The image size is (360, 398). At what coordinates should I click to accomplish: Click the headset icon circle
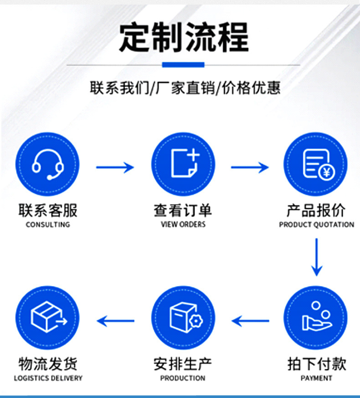47,164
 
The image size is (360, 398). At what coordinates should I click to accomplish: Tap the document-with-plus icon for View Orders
183,164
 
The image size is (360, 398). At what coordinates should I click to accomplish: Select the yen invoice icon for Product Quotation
316,164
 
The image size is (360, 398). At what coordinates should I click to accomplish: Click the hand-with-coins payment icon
316,317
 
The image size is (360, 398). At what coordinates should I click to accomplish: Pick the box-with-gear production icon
183,317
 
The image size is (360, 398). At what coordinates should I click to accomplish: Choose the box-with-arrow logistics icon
47,317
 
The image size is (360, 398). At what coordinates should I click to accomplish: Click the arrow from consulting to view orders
115,167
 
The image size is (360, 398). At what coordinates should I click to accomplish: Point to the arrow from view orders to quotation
250,167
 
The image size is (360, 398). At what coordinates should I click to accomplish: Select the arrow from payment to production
250,321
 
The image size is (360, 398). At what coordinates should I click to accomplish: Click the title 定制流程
184,38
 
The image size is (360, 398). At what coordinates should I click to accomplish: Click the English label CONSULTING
48,225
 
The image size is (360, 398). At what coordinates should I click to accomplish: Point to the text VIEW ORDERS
183,225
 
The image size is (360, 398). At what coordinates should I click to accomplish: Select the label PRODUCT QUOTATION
316,225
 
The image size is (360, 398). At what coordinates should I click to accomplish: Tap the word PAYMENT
316,378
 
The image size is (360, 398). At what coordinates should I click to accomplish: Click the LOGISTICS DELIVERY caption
48,378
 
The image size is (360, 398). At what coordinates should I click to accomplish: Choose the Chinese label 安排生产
183,364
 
